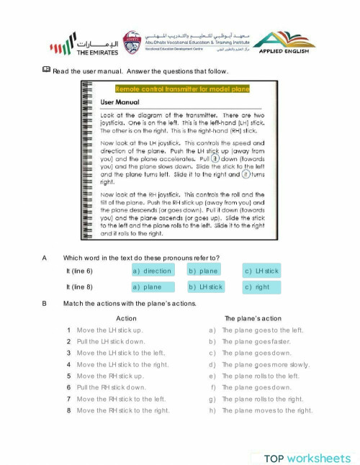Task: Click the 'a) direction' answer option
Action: point(152,271)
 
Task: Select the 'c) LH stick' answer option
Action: point(261,271)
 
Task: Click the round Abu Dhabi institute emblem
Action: point(132,42)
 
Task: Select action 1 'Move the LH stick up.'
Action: point(109,330)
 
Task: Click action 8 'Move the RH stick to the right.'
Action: point(122,410)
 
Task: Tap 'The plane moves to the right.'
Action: point(267,410)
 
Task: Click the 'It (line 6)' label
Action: point(79,271)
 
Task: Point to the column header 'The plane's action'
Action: point(253,317)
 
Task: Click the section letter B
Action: point(45,303)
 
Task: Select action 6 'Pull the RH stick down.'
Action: point(111,387)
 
